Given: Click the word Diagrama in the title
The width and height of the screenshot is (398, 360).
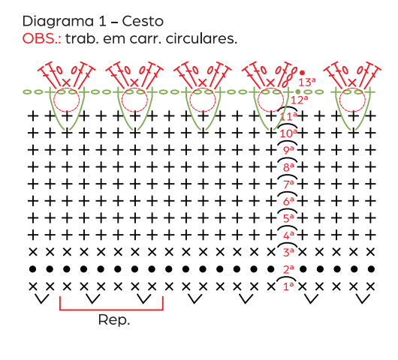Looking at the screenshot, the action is (58, 22).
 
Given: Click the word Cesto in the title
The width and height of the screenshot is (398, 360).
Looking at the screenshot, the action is (143, 21).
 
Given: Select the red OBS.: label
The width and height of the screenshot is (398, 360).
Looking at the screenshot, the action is (41, 39).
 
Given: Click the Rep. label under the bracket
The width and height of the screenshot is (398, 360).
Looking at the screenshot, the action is (114, 320).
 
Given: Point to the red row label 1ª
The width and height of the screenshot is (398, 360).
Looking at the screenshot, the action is (288, 286).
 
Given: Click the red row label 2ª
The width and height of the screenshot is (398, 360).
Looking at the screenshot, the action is (288, 269).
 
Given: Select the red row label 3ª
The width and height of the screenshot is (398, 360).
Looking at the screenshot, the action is (288, 252).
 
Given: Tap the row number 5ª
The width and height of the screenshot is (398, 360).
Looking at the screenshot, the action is (288, 218).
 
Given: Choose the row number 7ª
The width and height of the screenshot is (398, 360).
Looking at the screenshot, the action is (288, 184).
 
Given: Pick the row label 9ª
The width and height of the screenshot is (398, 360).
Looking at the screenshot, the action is (288, 150).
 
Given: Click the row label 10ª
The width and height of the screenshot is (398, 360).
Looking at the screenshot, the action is (288, 133).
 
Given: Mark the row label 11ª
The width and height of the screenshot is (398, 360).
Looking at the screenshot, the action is (288, 116).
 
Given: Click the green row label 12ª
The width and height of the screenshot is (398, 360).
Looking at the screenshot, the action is (300, 100).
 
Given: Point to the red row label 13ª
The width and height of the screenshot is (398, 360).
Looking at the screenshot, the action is (307, 82).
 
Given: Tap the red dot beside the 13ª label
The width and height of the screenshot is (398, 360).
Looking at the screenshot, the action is (302, 73).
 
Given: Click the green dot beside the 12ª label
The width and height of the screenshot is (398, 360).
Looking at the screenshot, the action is (298, 91).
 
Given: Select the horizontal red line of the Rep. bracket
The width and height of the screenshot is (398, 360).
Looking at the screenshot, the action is (111, 310).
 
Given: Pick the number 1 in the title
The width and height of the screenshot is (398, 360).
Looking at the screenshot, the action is (103, 22).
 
